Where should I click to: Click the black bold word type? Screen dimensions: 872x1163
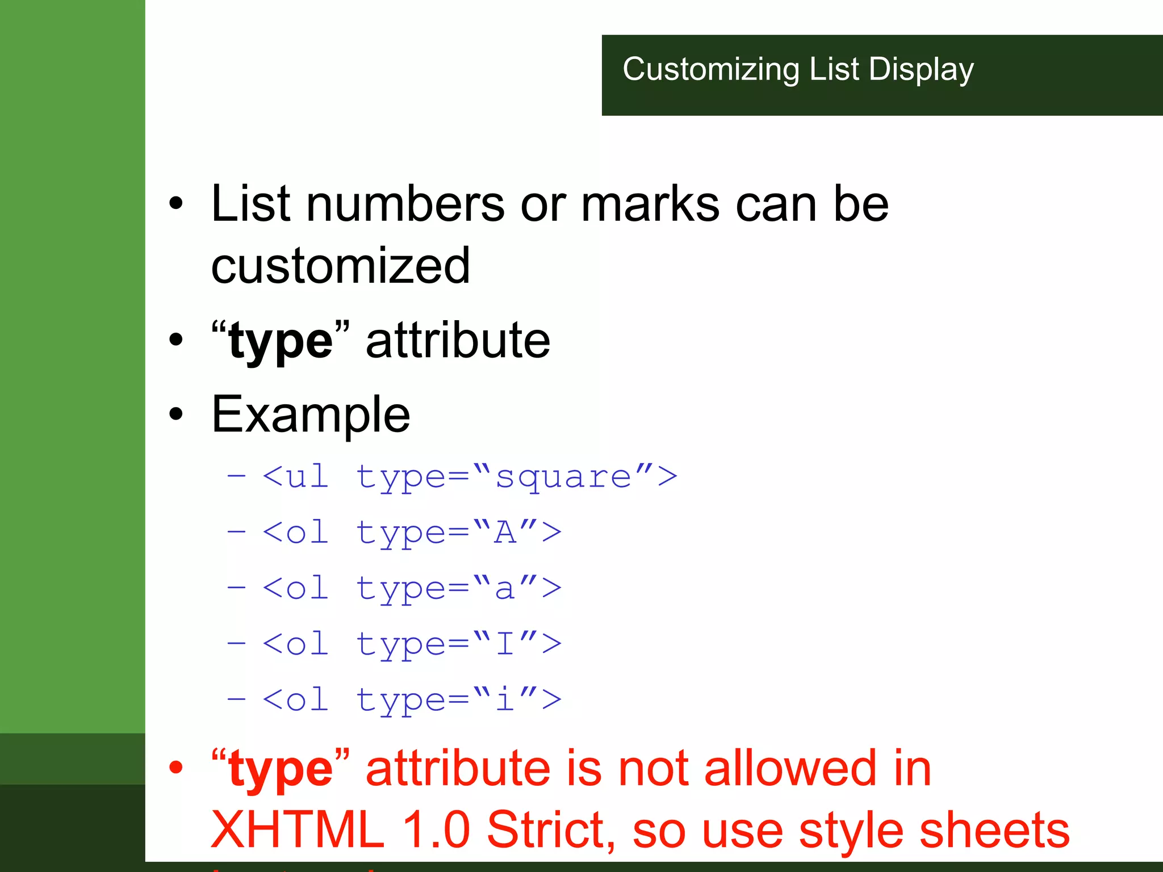[281, 341]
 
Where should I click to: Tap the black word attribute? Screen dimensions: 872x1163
[458, 341]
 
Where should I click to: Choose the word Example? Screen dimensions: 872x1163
[311, 414]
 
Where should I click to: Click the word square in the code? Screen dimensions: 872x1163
[563, 477]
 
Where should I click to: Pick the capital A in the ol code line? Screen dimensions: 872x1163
[505, 533]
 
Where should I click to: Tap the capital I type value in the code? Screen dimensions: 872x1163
[505, 644]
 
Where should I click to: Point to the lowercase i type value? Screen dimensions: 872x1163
[504, 699]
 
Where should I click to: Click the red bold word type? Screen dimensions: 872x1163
[281, 770]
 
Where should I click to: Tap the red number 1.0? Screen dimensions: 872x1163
[436, 830]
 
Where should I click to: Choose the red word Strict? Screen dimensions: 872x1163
[550, 830]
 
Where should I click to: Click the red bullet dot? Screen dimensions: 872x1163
[177, 767]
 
